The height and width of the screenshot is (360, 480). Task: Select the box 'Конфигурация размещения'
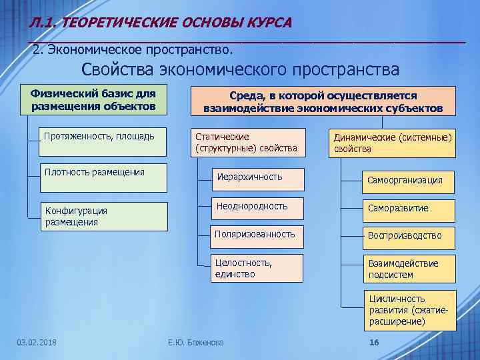103,216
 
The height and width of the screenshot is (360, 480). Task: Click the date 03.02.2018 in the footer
37,343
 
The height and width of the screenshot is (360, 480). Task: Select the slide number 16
373,343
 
